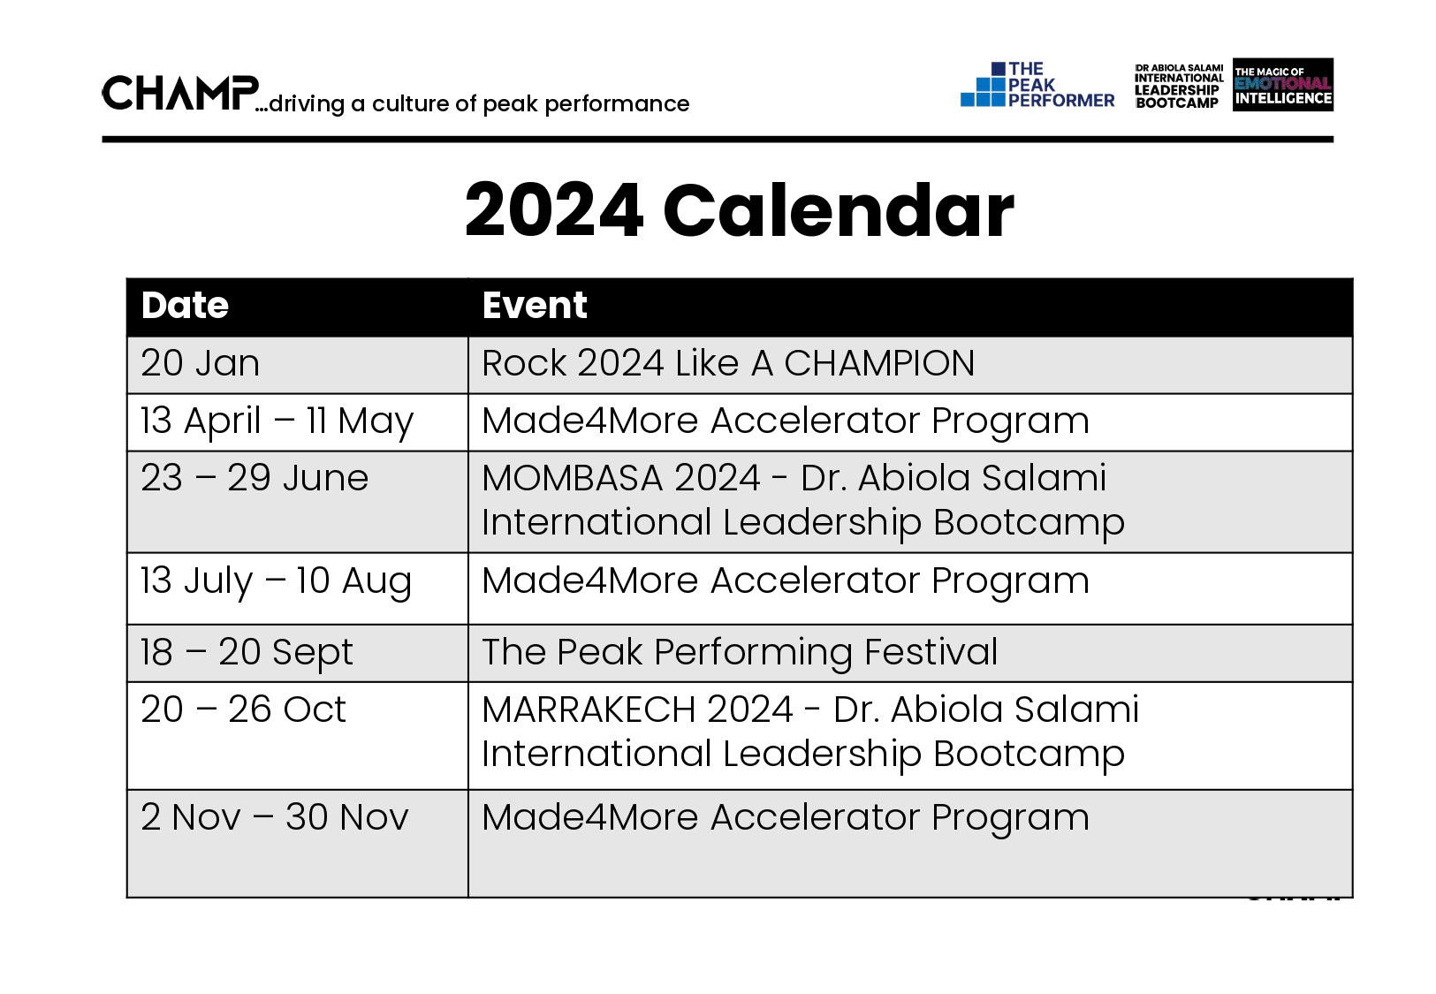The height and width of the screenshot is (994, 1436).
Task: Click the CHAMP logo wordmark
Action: tap(181, 93)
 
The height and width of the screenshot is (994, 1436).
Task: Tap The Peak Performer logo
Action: tap(1037, 85)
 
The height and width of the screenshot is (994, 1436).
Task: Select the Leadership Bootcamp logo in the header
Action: tap(1178, 86)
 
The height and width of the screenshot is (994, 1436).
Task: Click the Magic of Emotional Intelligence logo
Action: tap(1283, 85)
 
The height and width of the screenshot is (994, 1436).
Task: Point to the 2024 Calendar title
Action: tap(739, 210)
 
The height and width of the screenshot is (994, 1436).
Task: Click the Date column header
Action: tap(185, 305)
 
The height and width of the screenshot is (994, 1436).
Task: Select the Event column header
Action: tap(535, 305)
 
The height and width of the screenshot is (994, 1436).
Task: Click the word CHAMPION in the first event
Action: tap(879, 363)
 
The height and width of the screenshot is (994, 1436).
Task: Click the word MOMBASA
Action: tap(572, 478)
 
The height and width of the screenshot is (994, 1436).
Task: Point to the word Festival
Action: tap(931, 652)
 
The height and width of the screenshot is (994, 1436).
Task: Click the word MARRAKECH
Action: tap(589, 709)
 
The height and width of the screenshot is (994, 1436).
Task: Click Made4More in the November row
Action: tap(589, 817)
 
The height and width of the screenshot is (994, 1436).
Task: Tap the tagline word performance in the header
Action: tap(617, 104)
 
